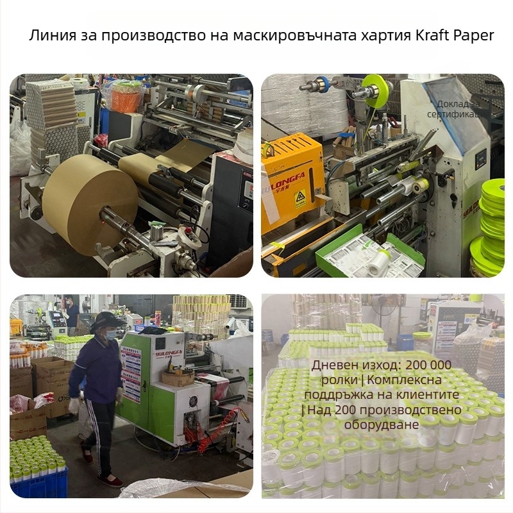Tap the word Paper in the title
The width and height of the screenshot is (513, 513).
[x=475, y=36]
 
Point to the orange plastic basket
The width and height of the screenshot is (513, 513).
[x=124, y=96]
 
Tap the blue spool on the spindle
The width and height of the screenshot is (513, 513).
[x=322, y=83]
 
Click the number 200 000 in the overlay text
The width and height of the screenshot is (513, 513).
[x=425, y=366]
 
